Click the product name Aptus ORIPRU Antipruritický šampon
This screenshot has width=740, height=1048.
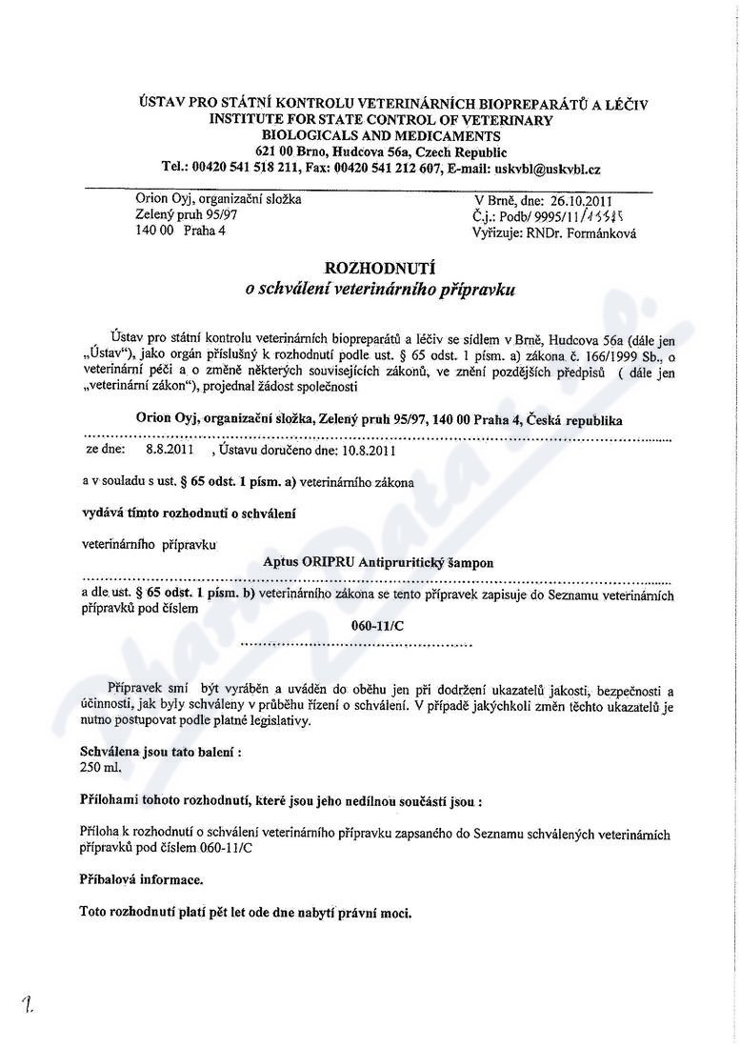point(378,563)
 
